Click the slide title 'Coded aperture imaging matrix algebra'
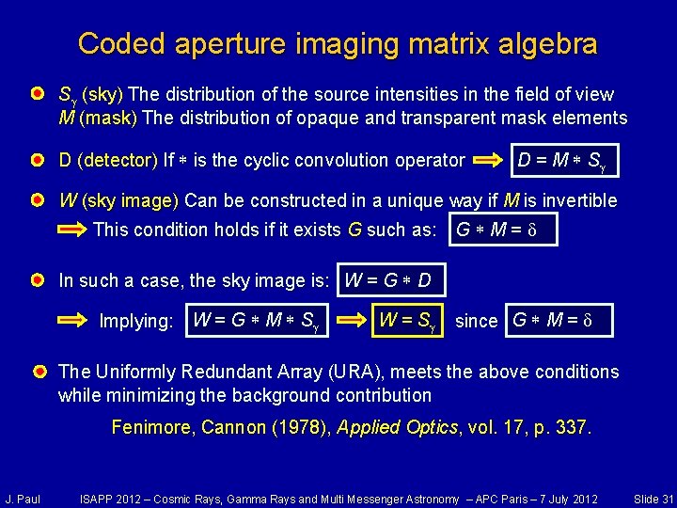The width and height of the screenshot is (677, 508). [338, 43]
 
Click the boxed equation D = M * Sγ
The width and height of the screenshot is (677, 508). [561, 161]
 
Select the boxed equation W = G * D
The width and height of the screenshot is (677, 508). [388, 280]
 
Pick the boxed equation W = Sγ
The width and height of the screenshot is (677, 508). [409, 320]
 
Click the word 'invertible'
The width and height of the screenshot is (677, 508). [574, 200]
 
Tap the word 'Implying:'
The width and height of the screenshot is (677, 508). [136, 321]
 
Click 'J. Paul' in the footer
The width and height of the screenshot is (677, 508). [22, 498]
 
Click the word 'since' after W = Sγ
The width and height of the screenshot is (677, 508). [476, 321]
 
